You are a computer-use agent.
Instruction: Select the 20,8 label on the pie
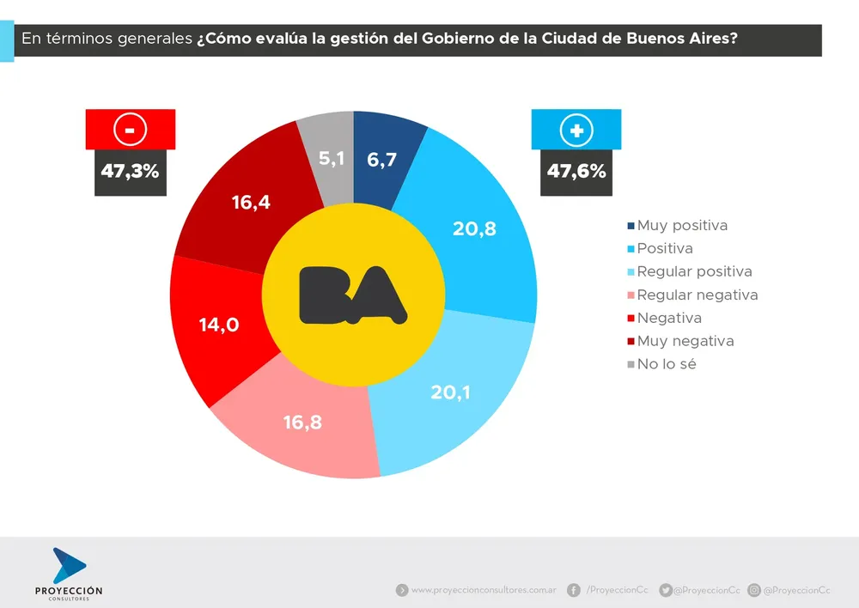tap(474, 228)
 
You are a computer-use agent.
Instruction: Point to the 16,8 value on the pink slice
tap(302, 422)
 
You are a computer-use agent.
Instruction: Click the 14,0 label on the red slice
tap(218, 325)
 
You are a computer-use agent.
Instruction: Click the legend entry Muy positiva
tap(682, 226)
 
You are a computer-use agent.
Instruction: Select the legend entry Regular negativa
tap(698, 295)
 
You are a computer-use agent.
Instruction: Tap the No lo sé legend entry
tap(666, 364)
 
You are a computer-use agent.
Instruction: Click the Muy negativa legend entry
tap(685, 341)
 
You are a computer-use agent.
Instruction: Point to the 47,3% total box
tap(131, 171)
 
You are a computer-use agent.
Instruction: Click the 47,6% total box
tap(576, 171)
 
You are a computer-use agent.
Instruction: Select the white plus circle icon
tap(576, 130)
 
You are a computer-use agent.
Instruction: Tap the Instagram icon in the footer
tap(754, 590)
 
